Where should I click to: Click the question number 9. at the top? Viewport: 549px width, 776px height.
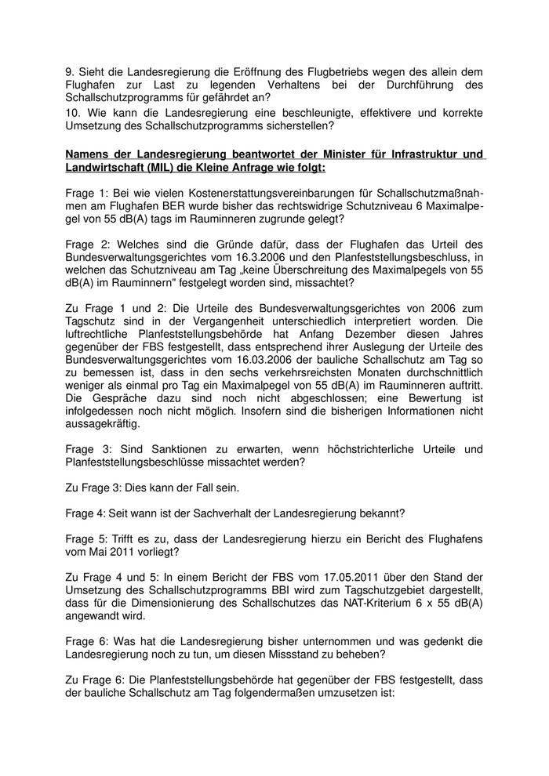(x=70, y=71)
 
